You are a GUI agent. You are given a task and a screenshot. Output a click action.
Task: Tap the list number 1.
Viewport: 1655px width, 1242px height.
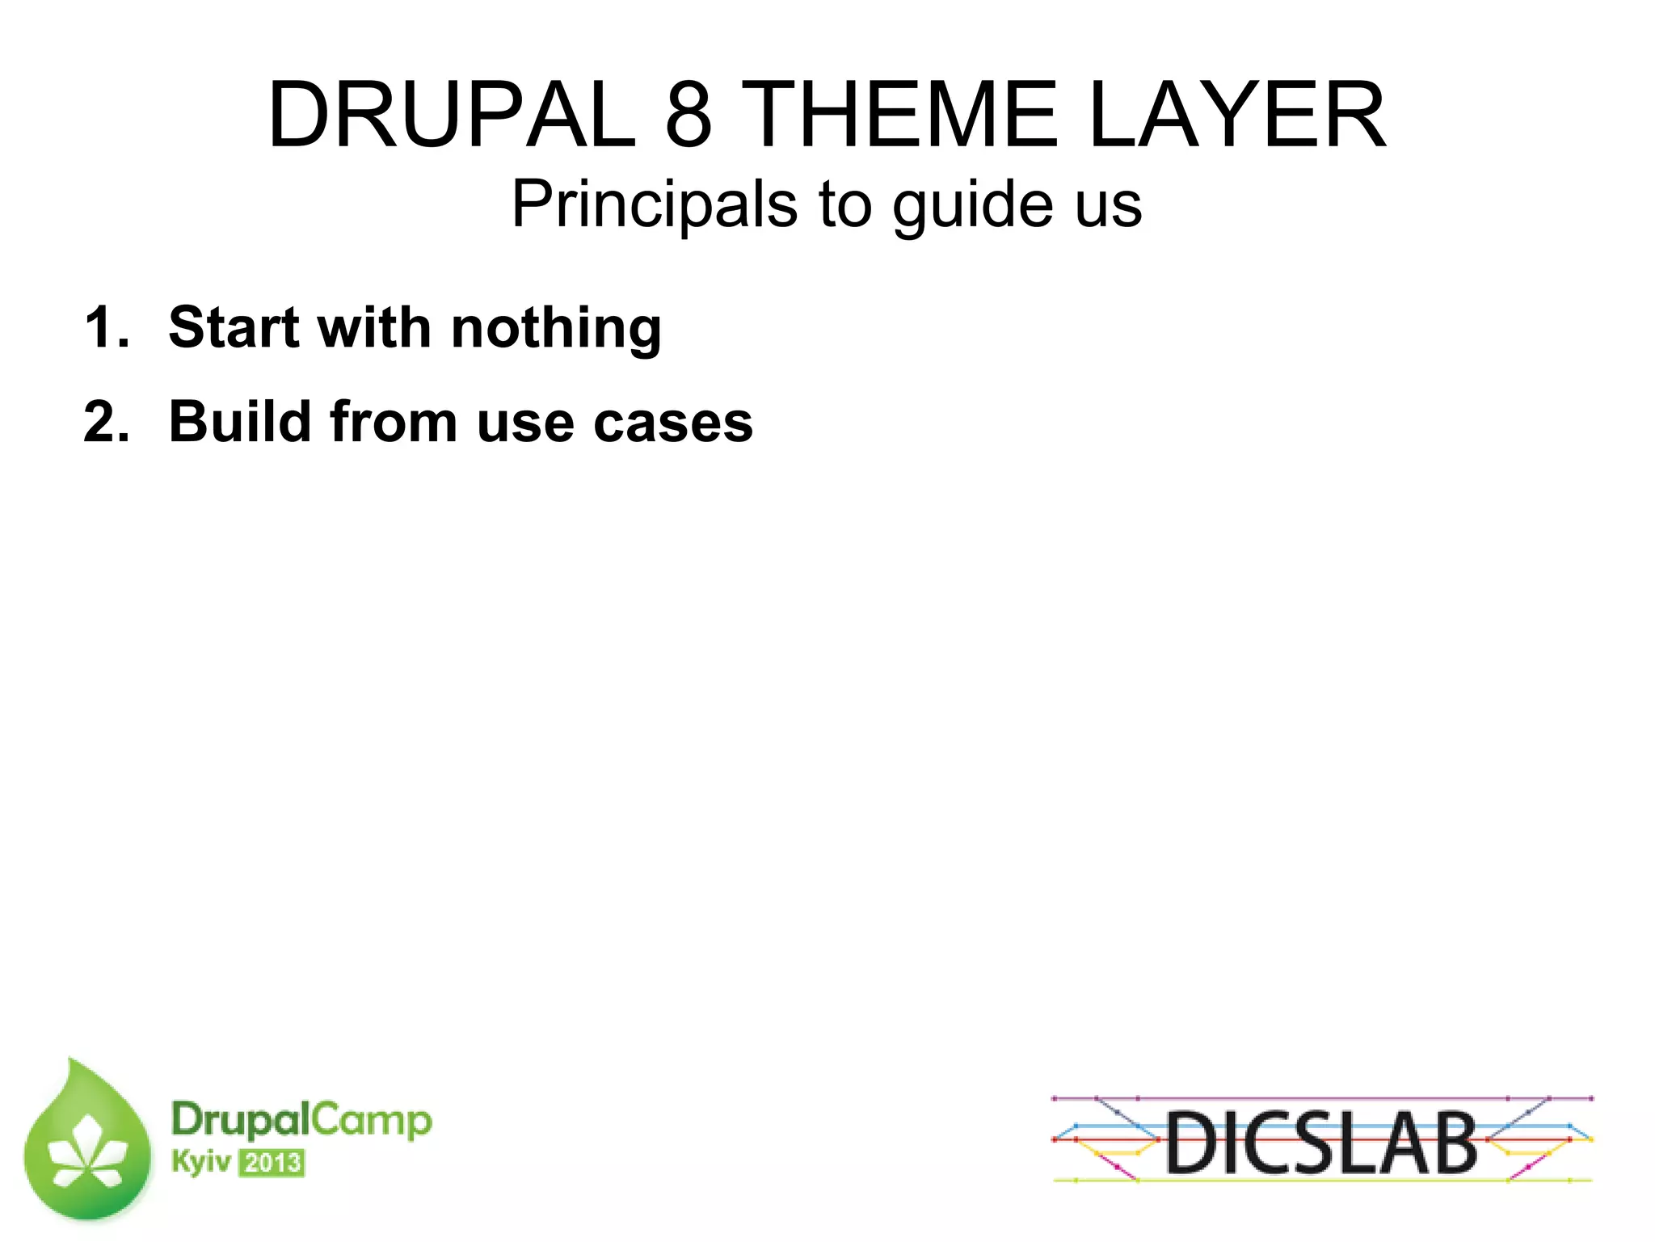point(105,327)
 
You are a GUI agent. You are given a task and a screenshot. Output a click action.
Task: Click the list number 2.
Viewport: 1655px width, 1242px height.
point(105,422)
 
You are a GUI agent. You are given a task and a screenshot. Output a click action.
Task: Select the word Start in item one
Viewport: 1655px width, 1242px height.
point(234,327)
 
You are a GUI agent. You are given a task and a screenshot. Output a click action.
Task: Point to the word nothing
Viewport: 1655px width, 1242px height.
point(556,329)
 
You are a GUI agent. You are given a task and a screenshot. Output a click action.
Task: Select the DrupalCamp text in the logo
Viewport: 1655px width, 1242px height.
point(301,1121)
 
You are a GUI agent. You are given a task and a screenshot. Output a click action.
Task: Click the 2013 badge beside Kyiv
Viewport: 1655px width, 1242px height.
point(272,1164)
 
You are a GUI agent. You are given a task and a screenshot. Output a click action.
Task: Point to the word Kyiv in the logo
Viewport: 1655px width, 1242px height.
point(200,1162)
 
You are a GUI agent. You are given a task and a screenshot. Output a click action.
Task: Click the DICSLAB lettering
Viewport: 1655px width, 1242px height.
point(1321,1143)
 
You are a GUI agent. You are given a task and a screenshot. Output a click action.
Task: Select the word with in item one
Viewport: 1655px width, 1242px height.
point(374,327)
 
